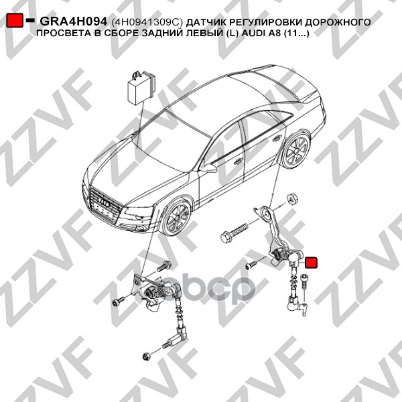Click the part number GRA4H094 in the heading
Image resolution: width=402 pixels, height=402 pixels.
tap(73, 22)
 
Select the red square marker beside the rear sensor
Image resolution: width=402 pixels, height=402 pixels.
tap(311, 262)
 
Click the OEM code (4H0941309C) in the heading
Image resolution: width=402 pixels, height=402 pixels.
tap(147, 23)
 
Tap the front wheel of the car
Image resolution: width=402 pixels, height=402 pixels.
tap(177, 218)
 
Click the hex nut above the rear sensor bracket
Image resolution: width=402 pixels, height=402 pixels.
tap(291, 198)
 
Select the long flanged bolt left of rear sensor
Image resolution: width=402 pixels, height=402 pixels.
tap(234, 232)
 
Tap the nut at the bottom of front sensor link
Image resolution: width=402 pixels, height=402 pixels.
tap(146, 356)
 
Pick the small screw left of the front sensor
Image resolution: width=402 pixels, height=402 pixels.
tap(118, 301)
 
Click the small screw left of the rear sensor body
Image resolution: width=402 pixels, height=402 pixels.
tap(251, 265)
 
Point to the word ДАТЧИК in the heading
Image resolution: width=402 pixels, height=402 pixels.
tap(205, 22)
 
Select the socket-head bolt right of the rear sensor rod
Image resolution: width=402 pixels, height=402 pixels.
tap(303, 281)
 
